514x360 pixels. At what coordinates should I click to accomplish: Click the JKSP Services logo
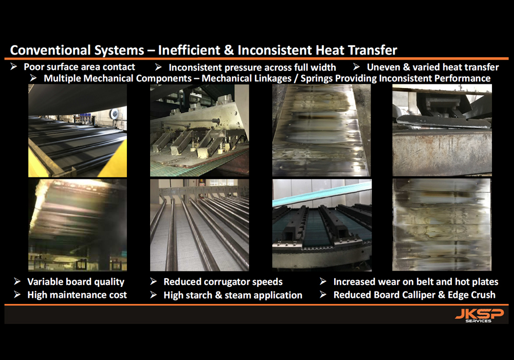[479, 315]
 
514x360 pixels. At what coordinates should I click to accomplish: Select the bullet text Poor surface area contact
[79, 67]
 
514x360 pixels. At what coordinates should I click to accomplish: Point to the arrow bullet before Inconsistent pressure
[158, 67]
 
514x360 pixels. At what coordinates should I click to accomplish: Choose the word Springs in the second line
[317, 78]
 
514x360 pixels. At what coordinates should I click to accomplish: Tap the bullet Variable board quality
[76, 282]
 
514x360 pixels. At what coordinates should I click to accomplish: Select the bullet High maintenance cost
[77, 295]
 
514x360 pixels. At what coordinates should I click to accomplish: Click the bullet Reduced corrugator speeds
[223, 282]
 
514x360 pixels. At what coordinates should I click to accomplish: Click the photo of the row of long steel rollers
[199, 225]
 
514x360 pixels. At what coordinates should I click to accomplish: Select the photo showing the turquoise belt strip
[322, 225]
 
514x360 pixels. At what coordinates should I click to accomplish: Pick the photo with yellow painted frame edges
[78, 131]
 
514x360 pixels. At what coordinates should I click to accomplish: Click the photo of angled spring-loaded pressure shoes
[199, 131]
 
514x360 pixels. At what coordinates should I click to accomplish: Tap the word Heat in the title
[330, 50]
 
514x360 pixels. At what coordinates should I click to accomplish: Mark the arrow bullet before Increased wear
[323, 282]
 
